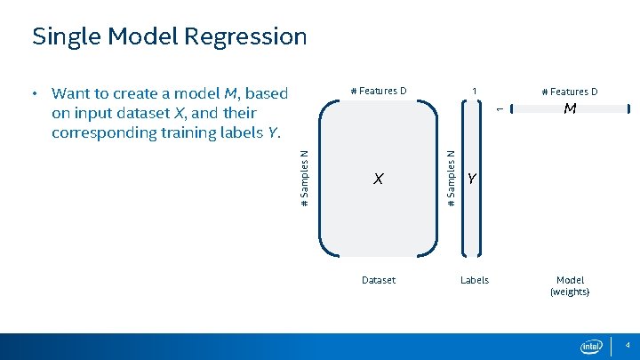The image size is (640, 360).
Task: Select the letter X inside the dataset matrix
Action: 378,180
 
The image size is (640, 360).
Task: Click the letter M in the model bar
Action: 570,109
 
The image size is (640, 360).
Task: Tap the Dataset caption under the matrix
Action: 379,280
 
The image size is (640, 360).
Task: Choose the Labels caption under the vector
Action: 474,280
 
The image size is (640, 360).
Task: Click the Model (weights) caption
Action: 570,285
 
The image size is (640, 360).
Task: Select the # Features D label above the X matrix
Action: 379,91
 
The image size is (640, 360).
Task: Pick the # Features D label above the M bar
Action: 570,92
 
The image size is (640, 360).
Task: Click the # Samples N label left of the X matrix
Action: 305,178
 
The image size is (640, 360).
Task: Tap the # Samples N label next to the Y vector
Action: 452,178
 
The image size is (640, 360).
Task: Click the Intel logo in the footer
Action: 591,346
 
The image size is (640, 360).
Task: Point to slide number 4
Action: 627,344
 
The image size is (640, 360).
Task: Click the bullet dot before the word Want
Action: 33,93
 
